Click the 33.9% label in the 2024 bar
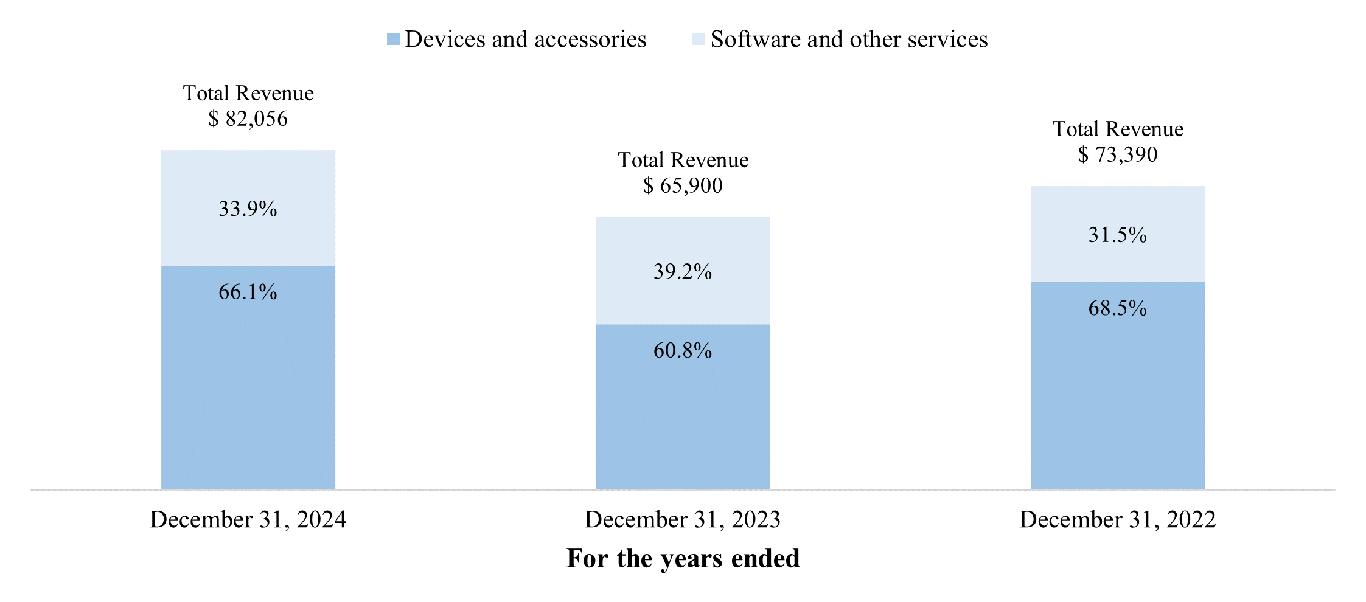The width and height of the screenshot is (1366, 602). (x=248, y=209)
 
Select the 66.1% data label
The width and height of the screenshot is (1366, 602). (x=248, y=292)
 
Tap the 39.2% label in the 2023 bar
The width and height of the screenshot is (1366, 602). (x=683, y=272)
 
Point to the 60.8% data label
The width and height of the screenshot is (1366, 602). (x=683, y=351)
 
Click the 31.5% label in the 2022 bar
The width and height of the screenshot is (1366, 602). (x=1117, y=235)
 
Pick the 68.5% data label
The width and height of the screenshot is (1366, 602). (x=1117, y=308)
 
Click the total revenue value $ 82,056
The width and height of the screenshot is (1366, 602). (x=248, y=119)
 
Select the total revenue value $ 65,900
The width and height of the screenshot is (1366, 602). (x=683, y=185)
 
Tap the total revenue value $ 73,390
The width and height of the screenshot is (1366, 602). (x=1117, y=154)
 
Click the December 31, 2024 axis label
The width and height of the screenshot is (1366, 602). (x=248, y=520)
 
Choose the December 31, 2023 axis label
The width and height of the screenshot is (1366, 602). (x=683, y=520)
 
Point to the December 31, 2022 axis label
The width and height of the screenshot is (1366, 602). (x=1117, y=520)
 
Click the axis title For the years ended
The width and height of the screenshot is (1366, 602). (x=683, y=558)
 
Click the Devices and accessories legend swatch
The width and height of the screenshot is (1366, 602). (x=393, y=40)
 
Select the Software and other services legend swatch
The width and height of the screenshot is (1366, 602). (x=699, y=40)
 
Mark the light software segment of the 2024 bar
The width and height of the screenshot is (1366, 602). (x=248, y=176)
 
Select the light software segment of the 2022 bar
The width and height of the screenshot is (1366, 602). (x=1117, y=261)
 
